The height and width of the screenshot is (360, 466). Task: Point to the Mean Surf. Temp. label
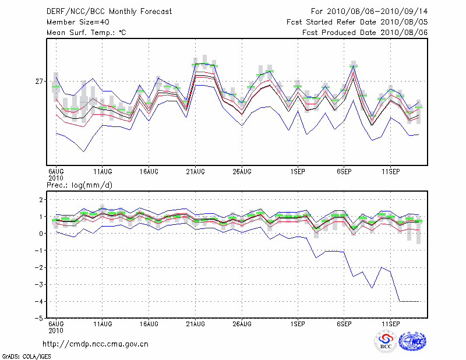pyautogui.click(x=86, y=33)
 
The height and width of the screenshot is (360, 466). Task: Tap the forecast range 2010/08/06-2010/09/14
pyautogui.click(x=369, y=12)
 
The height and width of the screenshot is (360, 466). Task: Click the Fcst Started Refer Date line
pyautogui.click(x=357, y=22)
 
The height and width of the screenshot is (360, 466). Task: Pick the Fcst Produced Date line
pyautogui.click(x=365, y=33)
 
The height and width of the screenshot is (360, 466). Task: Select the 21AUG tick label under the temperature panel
pyautogui.click(x=195, y=172)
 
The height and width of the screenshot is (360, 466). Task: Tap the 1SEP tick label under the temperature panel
pyautogui.click(x=298, y=172)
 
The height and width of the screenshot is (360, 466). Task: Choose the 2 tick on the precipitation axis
pyautogui.click(x=41, y=200)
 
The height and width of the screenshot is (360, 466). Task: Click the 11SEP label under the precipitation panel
pyautogui.click(x=390, y=323)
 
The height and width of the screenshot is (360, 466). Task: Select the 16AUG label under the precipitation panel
pyautogui.click(x=149, y=323)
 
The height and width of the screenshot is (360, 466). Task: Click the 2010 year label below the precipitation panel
pyautogui.click(x=55, y=330)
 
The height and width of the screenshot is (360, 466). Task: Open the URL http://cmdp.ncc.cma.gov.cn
pyautogui.click(x=96, y=344)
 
